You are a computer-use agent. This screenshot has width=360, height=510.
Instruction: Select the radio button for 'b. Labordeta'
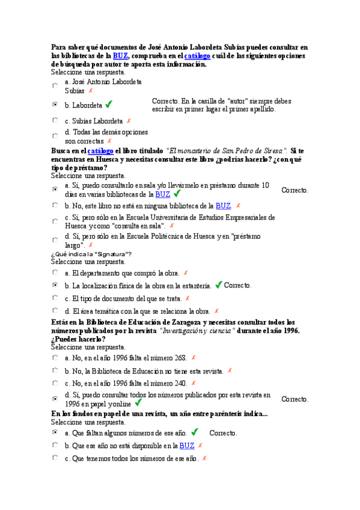pyautogui.click(x=55, y=105)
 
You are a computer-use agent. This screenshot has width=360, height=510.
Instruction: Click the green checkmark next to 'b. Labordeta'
pyautogui.click(x=109, y=104)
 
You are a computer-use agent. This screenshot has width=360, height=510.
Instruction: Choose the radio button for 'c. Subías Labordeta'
pyautogui.click(x=55, y=120)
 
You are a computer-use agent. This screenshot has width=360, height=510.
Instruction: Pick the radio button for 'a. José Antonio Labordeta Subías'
pyautogui.click(x=55, y=86)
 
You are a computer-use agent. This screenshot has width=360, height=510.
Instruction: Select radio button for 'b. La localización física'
pyautogui.click(x=55, y=285)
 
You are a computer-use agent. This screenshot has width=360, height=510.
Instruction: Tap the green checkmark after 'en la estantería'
pyautogui.click(x=218, y=284)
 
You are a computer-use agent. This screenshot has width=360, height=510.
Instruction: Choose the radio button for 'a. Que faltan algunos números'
pyautogui.click(x=55, y=432)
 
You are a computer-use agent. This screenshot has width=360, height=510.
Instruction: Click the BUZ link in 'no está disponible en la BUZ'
pyautogui.click(x=186, y=446)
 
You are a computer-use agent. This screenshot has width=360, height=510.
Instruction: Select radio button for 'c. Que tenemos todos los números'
pyautogui.click(x=55, y=458)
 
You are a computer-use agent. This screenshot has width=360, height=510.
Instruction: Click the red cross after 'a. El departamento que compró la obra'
pyautogui.click(x=185, y=272)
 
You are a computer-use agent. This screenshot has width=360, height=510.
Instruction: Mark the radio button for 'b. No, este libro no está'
pyautogui.click(x=55, y=205)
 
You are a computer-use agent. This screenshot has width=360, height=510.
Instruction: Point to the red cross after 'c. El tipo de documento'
pyautogui.click(x=187, y=298)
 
